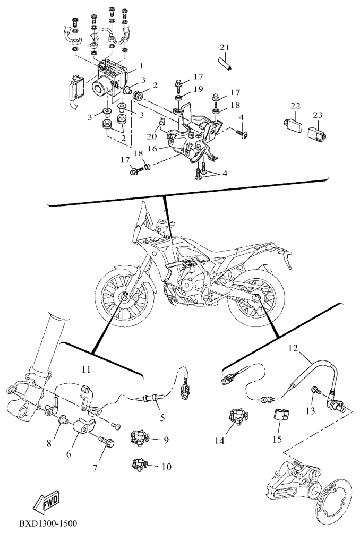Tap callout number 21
[x=225, y=47]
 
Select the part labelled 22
[x=293, y=124]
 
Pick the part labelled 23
[x=318, y=133]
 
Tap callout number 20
[x=152, y=136]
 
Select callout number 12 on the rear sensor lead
[x=293, y=348]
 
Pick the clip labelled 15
[x=281, y=415]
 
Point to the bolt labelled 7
[x=106, y=443]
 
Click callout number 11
[x=87, y=369]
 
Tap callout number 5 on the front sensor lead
[x=162, y=417]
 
